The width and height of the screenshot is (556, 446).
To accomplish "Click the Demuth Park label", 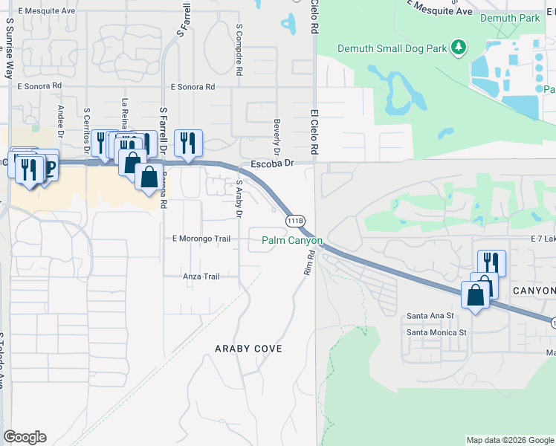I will point(510,17).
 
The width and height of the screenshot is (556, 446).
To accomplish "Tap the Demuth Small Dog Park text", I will point(392,48).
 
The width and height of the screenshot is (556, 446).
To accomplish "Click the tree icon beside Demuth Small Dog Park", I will point(459,48).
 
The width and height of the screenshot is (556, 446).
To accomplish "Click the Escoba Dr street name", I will point(273,162).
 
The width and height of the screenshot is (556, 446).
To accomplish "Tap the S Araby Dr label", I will point(239,198).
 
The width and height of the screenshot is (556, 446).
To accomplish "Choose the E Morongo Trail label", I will point(201,239).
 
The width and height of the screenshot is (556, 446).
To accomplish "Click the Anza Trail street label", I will point(201,277).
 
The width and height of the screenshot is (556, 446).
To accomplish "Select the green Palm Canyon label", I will point(292,240).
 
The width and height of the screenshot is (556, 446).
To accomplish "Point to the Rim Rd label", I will point(309,262).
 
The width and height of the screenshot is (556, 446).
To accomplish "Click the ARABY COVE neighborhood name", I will point(249,348).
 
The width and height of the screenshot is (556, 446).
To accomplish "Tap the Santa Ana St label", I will point(430,316).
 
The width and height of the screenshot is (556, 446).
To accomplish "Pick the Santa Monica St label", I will point(436,332).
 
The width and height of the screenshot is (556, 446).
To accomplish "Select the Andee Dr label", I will point(61,117).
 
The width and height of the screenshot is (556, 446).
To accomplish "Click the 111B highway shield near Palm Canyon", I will point(294,221).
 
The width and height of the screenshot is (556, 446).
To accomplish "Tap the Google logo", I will point(25,437).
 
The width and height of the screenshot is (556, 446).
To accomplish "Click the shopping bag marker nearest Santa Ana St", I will point(475,295).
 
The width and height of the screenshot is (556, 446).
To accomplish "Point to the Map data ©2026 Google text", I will point(509,440).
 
